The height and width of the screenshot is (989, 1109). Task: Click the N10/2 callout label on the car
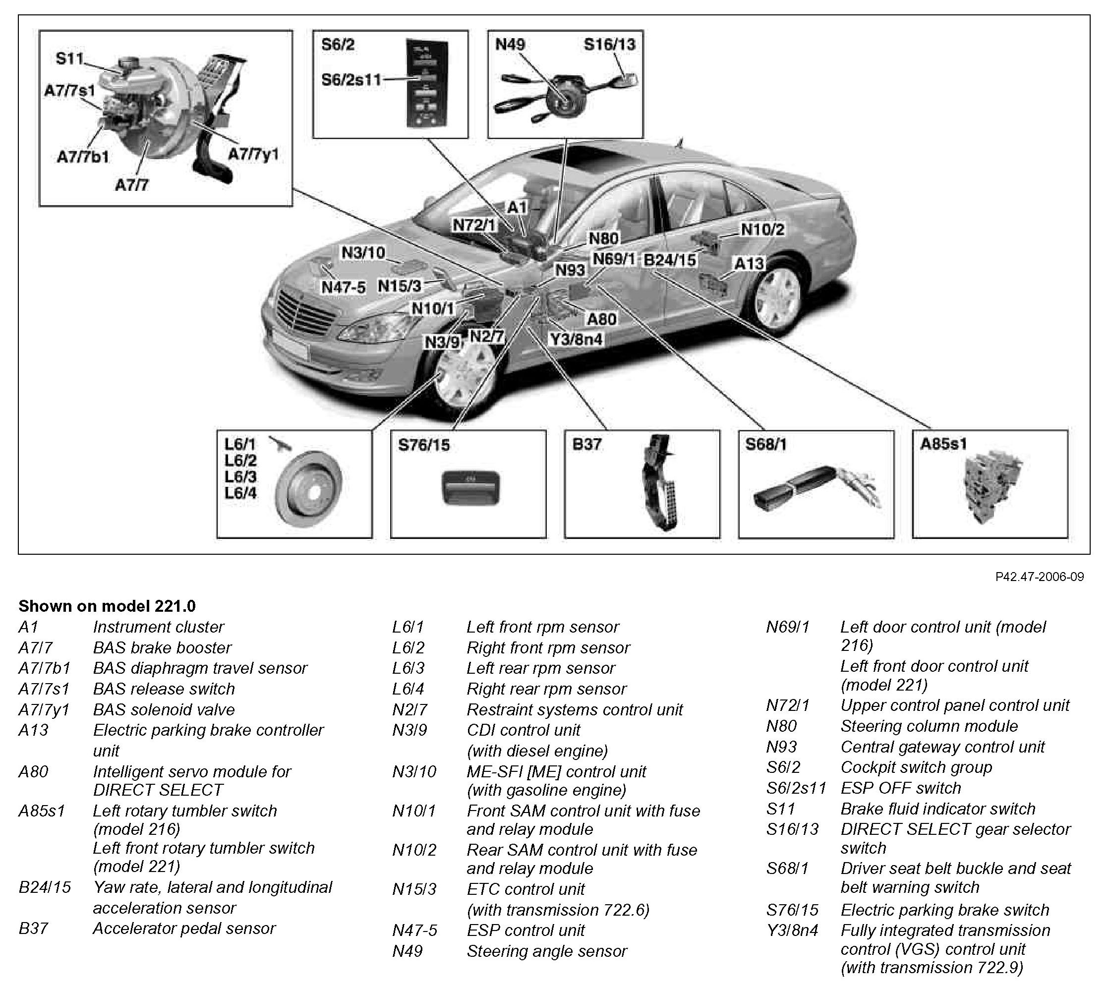point(762,230)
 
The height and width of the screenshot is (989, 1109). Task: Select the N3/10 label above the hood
point(363,253)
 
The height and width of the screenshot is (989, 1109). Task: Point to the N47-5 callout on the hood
point(344,287)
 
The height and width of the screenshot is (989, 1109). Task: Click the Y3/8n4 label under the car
point(577,340)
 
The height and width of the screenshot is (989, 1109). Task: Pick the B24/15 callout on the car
point(669,260)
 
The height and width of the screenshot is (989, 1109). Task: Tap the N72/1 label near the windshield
point(474,225)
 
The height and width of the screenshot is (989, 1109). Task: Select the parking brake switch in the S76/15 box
point(471,487)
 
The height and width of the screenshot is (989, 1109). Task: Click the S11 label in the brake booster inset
point(69,58)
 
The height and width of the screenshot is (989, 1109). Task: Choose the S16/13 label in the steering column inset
point(609,45)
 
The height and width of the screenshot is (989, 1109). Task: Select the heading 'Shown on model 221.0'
point(107,606)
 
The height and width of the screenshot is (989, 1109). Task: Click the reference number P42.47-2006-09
point(1039,577)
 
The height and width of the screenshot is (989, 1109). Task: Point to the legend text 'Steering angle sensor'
point(547,951)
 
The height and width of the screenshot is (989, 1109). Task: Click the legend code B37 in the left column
point(33,928)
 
